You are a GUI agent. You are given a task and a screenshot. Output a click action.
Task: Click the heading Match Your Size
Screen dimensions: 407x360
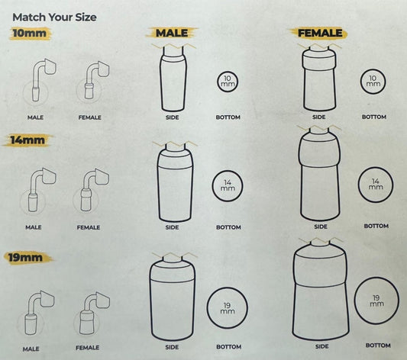pos(54,18)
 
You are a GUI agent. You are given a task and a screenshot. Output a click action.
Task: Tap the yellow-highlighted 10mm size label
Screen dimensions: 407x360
pos(30,33)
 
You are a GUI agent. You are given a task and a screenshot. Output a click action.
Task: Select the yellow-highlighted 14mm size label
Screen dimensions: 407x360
pos(27,140)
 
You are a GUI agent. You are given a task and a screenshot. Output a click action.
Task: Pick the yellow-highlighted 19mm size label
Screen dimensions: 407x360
pos(26,258)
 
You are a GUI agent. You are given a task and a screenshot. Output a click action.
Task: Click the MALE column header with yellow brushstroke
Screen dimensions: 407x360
pos(172,33)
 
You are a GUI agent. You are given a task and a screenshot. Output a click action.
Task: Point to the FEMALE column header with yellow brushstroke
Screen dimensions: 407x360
pos(320,33)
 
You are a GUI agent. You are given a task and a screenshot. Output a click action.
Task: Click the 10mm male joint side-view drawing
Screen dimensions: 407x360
pos(173,79)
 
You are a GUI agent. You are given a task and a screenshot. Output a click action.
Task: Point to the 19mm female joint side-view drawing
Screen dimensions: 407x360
pos(320,289)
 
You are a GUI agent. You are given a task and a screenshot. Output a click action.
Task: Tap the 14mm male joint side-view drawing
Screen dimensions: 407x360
pos(175,183)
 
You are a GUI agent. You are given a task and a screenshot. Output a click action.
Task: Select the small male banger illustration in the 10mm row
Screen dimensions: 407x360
pos(44,80)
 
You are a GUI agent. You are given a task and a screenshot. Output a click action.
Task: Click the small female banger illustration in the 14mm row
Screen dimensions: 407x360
pos(95,190)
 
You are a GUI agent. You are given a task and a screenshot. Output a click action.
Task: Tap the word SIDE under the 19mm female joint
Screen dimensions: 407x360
pos(322,346)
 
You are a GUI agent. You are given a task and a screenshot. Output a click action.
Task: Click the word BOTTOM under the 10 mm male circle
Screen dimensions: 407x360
pos(228,117)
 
